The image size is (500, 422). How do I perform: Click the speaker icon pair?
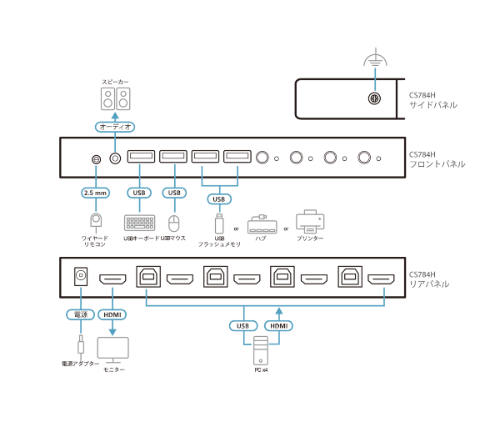tap(116, 99)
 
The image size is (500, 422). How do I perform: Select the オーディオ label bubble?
tap(115, 127)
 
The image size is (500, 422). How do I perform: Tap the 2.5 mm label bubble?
tap(95, 193)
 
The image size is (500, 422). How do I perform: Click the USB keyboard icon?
tap(139, 223)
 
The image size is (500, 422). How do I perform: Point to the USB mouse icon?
tap(174, 224)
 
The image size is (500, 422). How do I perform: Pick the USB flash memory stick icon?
tap(219, 224)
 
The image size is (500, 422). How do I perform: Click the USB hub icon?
tap(262, 224)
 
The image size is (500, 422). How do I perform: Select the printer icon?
tap(310, 221)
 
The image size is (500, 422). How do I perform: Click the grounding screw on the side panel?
tap(374, 98)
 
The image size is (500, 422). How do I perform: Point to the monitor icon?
tap(112, 349)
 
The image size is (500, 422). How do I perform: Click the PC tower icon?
tap(261, 350)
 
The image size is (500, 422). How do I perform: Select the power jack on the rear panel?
tap(81, 276)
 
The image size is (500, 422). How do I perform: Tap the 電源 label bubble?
tap(80, 314)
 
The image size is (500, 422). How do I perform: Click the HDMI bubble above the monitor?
tap(112, 314)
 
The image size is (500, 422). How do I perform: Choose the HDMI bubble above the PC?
tap(278, 326)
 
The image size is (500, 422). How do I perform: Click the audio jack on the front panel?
tap(115, 158)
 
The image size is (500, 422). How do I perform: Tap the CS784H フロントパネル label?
tap(437, 159)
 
